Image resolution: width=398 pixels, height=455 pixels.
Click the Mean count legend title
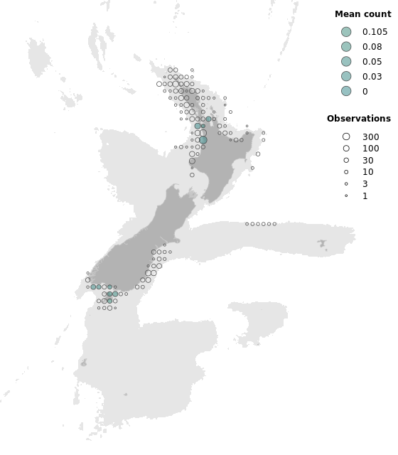pyautogui.click(x=362, y=14)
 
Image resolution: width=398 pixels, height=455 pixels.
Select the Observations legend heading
pyautogui.click(x=358, y=119)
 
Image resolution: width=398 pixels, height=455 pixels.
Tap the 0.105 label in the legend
pyautogui.click(x=375, y=32)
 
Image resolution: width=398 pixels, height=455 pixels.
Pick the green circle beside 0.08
pyautogui.click(x=346, y=47)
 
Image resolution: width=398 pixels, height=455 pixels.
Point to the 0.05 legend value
pyautogui.click(x=372, y=62)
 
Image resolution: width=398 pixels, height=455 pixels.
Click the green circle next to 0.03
pyautogui.click(x=346, y=76)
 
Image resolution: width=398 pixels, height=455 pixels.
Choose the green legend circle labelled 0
pyautogui.click(x=346, y=91)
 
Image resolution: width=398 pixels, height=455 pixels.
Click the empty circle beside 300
pyautogui.click(x=346, y=136)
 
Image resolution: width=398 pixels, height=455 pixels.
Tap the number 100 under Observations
pyautogui.click(x=370, y=149)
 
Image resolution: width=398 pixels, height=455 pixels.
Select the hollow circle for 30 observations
pyautogui.click(x=346, y=161)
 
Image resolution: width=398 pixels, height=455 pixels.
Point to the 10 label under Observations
pyautogui.click(x=367, y=172)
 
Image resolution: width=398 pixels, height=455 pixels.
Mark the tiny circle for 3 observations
pyautogui.click(x=346, y=184)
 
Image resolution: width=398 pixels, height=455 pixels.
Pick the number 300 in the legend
pyautogui.click(x=370, y=136)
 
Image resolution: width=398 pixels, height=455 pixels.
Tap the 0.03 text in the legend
pyautogui.click(x=372, y=76)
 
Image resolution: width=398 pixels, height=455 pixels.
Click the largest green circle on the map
pyautogui.click(x=203, y=140)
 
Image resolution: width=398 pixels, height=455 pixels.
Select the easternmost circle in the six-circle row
pyautogui.click(x=274, y=224)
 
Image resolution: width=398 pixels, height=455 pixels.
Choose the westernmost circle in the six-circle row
pyautogui.click(x=247, y=224)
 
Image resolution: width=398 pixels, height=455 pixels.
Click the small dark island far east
pyautogui.click(x=323, y=244)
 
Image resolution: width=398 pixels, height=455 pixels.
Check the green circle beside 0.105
pyautogui.click(x=346, y=32)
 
